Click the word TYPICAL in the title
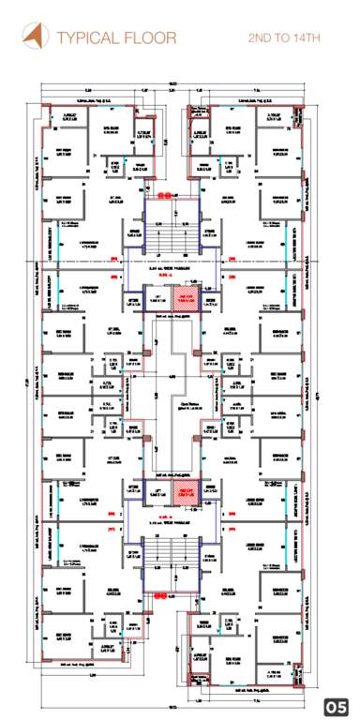coord(88,38)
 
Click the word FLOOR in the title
coord(142,38)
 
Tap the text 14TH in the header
coord(305,38)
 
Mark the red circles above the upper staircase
coord(164,194)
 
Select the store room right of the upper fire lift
coord(210,301)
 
